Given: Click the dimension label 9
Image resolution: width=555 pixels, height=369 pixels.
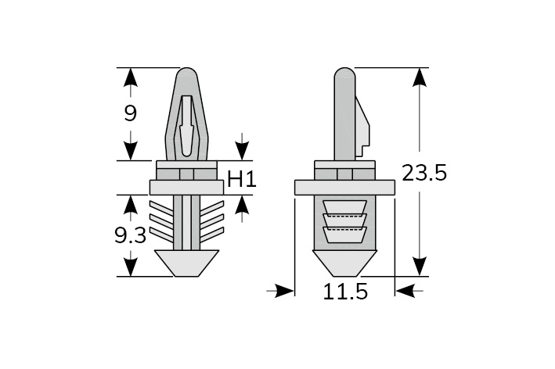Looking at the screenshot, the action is [x=131, y=113].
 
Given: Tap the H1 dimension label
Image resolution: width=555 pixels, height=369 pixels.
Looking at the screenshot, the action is [x=242, y=179].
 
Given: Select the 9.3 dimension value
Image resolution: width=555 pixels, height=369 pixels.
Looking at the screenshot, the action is [x=130, y=235].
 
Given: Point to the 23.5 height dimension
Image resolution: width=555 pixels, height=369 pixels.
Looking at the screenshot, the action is [x=425, y=174].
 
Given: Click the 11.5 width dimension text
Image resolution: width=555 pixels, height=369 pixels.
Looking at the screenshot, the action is [x=345, y=292].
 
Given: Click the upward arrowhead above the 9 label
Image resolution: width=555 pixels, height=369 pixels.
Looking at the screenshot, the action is [x=131, y=77].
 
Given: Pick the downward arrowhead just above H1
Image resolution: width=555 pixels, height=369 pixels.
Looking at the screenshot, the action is [x=242, y=151].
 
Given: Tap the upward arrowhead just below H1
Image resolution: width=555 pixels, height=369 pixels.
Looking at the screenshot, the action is [x=242, y=204].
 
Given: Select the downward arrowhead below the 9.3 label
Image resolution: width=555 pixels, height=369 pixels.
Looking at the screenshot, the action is [x=131, y=267].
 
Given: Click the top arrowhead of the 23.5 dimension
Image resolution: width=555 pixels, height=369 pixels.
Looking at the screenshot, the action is [x=420, y=77].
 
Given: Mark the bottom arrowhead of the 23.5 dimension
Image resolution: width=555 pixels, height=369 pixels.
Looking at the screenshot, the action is [x=420, y=267].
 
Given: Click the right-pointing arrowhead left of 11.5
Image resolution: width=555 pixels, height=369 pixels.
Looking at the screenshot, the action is [x=285, y=291].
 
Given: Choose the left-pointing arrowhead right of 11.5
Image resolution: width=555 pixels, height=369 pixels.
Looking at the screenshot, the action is [x=405, y=291].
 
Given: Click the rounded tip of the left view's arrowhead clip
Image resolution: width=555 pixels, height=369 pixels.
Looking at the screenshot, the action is [x=186, y=73].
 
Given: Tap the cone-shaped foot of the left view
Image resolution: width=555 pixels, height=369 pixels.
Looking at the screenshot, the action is [x=186, y=263].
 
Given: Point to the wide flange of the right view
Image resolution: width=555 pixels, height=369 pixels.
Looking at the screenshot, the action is [x=344, y=188].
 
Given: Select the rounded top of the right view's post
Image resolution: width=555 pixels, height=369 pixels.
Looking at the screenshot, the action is [x=344, y=73].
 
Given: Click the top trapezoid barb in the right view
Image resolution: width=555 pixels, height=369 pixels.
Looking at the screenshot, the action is [x=344, y=207].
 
